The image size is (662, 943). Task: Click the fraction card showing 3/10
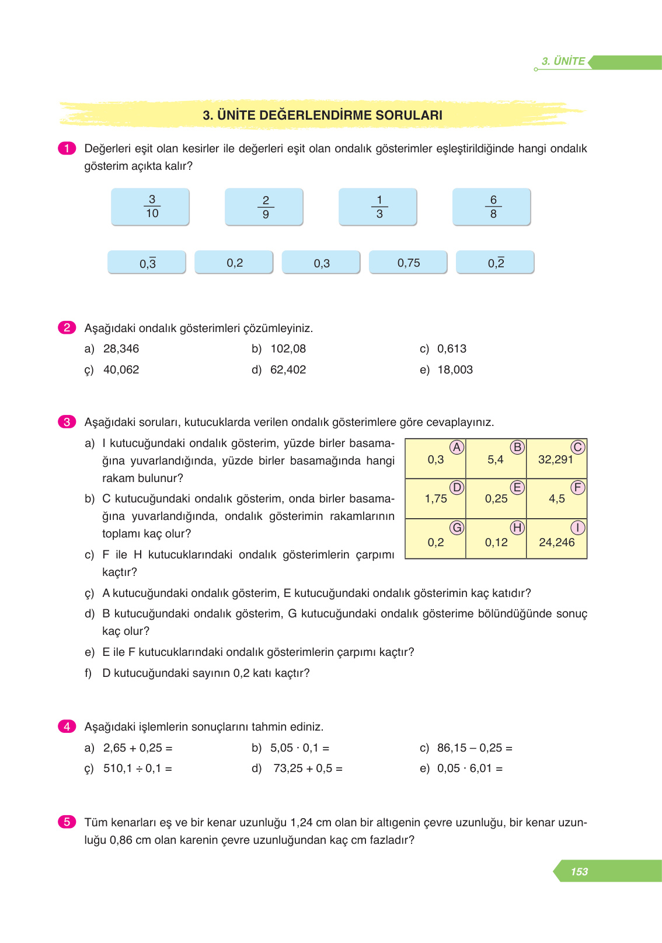pos(151,207)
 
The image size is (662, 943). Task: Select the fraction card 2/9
pos(264,207)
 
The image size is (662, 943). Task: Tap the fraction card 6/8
pos(492,207)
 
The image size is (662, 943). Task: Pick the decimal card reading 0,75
pos(409,263)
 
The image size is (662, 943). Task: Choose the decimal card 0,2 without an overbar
pos(234,263)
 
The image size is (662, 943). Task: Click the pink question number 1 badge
pos(67,148)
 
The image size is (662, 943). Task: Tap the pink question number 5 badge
pos(67,822)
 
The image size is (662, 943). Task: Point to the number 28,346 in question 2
pos(121,348)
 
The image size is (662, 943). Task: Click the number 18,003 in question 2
pos(455,369)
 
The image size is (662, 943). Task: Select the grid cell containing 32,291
pos(556,459)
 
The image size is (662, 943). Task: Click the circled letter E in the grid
pos(517,487)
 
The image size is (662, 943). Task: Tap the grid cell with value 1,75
pos(435,499)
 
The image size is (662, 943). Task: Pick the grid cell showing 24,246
pos(556,542)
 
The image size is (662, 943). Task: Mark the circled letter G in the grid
pos(457,528)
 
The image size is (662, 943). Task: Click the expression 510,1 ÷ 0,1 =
pos(137,769)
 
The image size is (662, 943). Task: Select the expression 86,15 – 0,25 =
pos(475,748)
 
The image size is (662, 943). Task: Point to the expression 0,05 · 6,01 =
pos(469,769)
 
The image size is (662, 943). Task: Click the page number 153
pos(579,871)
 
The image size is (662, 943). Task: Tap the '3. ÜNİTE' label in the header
pos(563,61)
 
